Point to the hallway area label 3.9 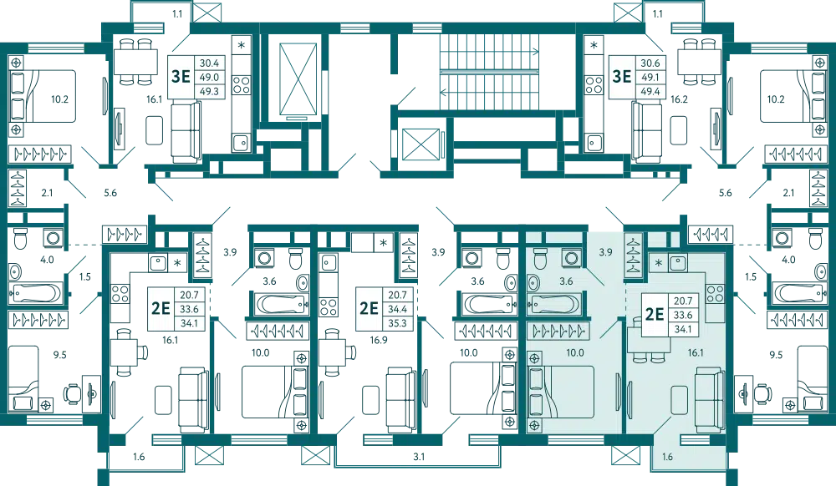[x=606, y=251]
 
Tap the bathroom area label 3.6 [x=565, y=282]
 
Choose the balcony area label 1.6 [x=666, y=457]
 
